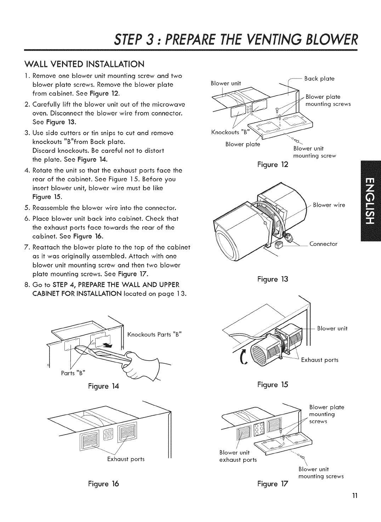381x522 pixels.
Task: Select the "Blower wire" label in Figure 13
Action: coord(329,205)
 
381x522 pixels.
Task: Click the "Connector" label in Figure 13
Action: coord(323,244)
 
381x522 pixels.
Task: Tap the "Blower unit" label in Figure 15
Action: coord(332,328)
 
